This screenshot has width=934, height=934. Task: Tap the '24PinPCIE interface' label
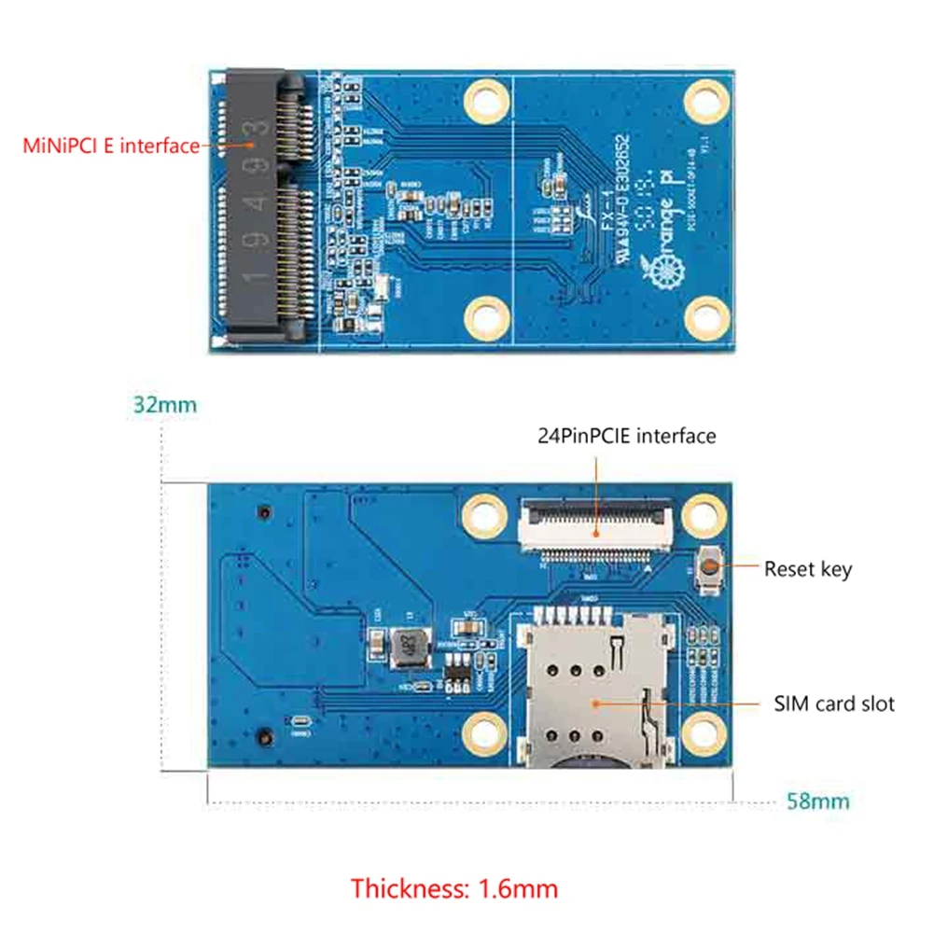626,436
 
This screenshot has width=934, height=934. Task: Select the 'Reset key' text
808,568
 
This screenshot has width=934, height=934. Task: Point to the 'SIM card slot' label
833,704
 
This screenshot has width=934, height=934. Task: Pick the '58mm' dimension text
818,801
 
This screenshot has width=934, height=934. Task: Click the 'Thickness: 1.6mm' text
454,887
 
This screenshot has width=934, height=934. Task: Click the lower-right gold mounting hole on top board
704,318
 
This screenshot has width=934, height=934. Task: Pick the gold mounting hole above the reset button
704,513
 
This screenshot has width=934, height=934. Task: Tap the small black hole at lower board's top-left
265,513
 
